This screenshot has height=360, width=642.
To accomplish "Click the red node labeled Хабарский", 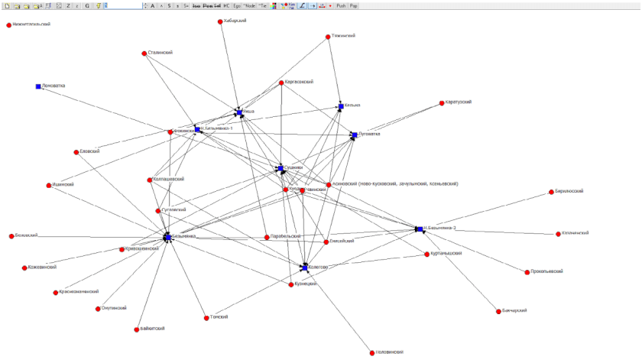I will pos(220,21).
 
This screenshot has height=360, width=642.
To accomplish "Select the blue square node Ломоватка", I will pos(38,86).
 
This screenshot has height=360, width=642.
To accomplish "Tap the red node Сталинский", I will pos(144,54).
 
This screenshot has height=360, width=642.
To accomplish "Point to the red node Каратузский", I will pos(442,103).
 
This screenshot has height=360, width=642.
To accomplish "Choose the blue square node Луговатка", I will pos(354,135).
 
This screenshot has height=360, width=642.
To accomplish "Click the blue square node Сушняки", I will pos(280,167).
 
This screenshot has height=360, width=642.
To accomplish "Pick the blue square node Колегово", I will pos(303,268).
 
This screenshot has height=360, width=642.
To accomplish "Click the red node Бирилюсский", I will pos(551,191).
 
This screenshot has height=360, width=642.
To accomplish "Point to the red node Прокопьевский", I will pos(527,272).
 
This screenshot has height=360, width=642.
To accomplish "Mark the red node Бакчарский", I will pos(496,312).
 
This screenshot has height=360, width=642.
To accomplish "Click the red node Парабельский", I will pos(267,237).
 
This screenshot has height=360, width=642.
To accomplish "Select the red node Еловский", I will pos(76,151).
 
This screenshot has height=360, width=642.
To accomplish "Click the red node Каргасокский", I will pos(282,83).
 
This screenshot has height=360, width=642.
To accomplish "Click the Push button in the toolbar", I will pos(341,5).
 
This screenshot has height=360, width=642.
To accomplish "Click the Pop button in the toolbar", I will pos(354,5).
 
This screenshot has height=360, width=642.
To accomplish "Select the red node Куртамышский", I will pos(427,255).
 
